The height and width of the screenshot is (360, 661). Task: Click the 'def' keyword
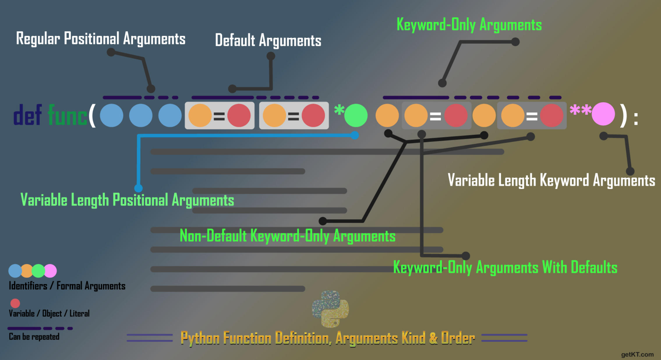tap(27, 115)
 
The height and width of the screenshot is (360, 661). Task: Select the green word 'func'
tap(68, 116)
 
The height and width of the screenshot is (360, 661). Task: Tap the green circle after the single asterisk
tap(356, 116)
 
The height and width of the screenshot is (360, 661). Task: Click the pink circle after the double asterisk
tap(603, 114)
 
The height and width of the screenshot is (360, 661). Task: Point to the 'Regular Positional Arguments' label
tap(101, 39)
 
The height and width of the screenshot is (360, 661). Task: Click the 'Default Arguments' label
tap(268, 40)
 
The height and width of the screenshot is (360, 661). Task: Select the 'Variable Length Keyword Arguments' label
tap(551, 180)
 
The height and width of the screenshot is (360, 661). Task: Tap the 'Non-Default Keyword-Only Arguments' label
tap(287, 236)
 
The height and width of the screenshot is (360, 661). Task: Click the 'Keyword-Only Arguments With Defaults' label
tap(505, 268)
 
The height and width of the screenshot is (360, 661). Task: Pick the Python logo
tap(330, 309)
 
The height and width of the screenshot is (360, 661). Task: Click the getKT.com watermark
tap(637, 354)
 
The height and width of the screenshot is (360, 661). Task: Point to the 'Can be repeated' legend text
tap(34, 337)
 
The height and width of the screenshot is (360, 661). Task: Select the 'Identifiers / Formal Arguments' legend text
tap(67, 286)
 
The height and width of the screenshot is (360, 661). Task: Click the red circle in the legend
tap(15, 303)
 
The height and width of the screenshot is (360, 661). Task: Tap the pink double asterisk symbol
tap(580, 111)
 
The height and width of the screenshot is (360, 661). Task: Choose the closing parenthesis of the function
tap(623, 116)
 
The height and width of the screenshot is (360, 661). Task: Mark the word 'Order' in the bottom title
tap(458, 338)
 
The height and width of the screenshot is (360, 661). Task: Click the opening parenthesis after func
tap(92, 116)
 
